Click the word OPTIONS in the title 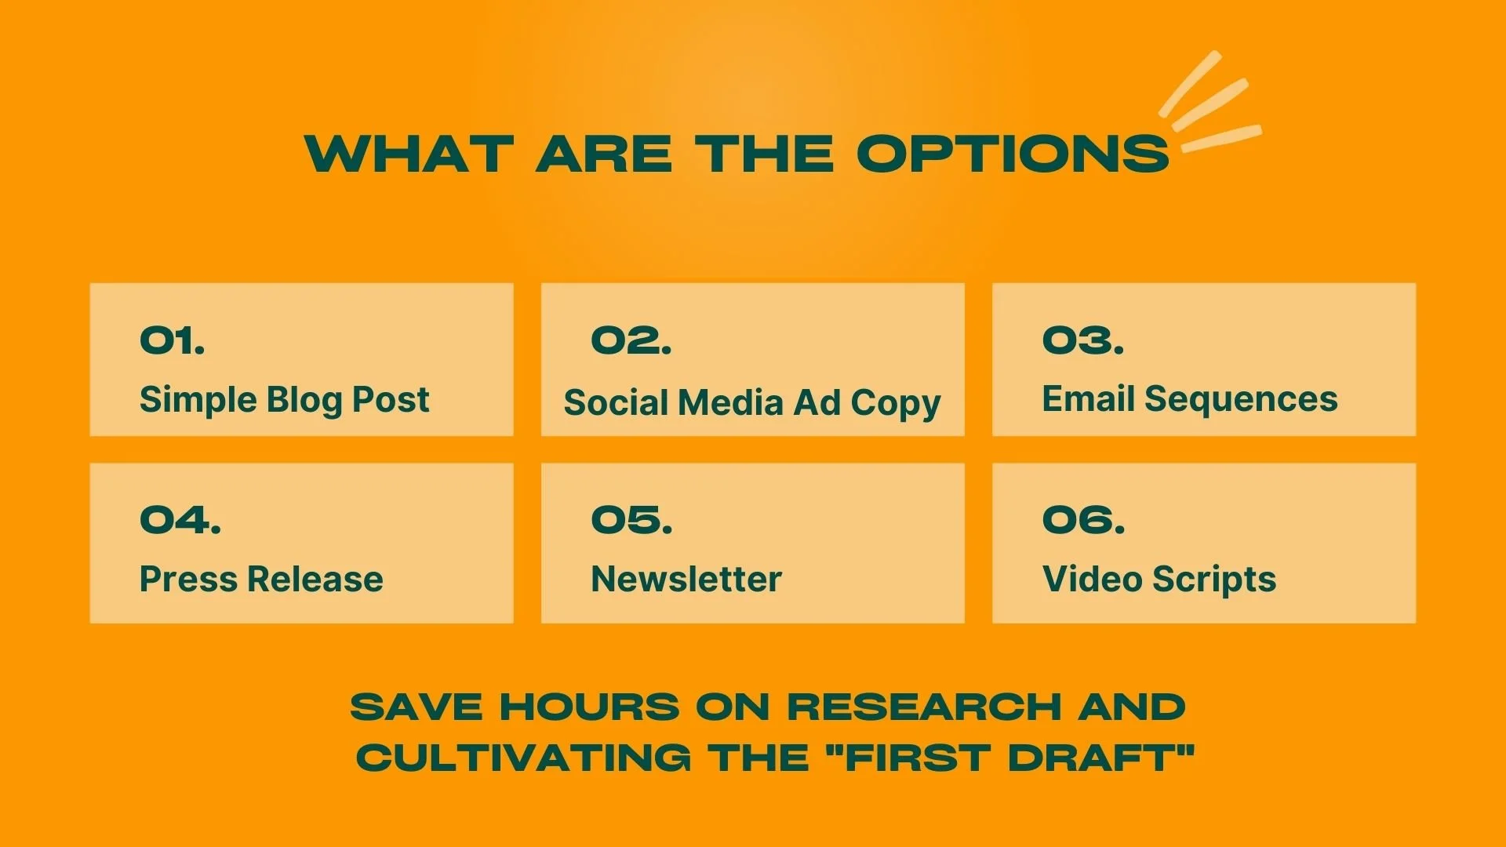click(1012, 154)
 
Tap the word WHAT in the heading click(409, 154)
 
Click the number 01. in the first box click(173, 340)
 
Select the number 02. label click(631, 340)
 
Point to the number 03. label click(1083, 340)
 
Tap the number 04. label click(180, 520)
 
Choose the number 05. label click(631, 520)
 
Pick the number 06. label click(1083, 520)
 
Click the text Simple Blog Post click(284, 400)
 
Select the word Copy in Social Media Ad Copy click(896, 404)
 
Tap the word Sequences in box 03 click(1241, 400)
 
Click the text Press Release click(261, 580)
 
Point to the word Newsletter click(686, 580)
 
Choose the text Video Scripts click(1159, 580)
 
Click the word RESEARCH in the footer click(924, 707)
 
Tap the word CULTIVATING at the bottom click(524, 758)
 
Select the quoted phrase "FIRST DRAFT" click(1010, 758)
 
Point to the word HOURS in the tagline click(590, 707)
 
